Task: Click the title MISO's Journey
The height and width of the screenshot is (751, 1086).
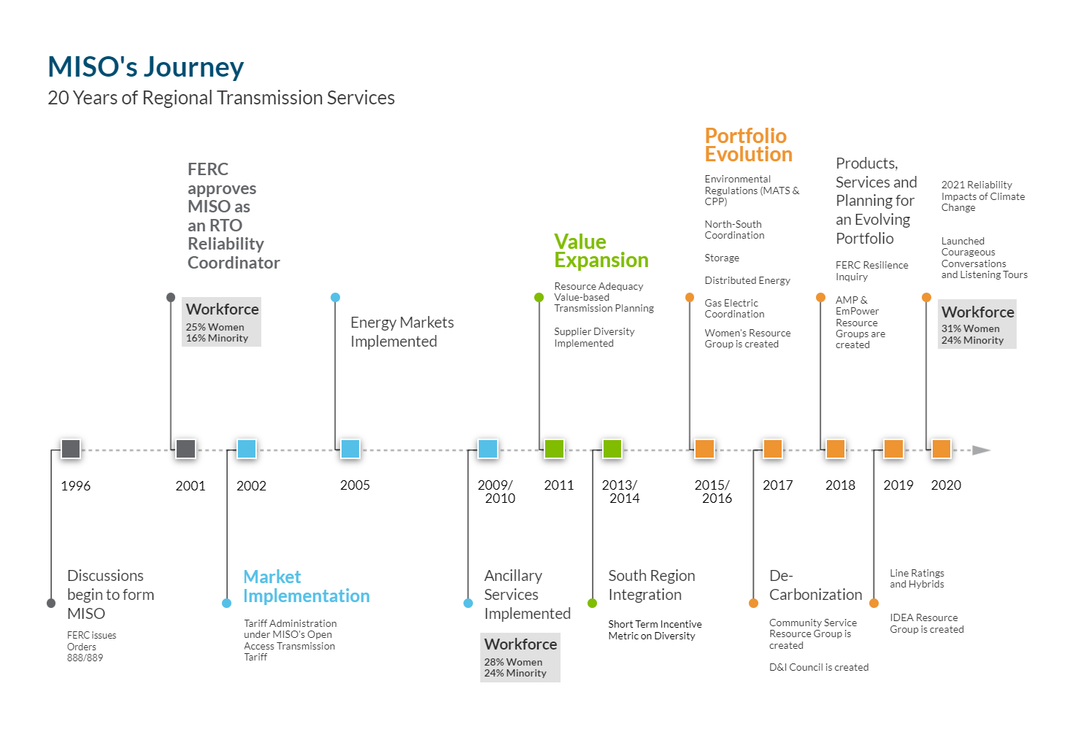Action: tap(145, 67)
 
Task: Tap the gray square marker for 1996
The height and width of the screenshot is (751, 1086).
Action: tap(71, 449)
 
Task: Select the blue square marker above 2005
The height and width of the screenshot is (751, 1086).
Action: tap(350, 449)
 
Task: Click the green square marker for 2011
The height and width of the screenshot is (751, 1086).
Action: tap(554, 449)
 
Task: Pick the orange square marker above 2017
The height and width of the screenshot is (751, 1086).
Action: tap(773, 449)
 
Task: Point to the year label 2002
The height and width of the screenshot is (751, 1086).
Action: tap(251, 486)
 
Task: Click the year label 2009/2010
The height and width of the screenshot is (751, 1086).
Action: tap(496, 492)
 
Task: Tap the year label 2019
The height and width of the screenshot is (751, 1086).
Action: tap(898, 485)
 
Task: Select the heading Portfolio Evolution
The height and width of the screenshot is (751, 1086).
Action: tap(748, 145)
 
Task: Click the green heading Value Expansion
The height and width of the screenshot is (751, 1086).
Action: tap(601, 250)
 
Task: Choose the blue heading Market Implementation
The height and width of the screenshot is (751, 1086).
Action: tap(307, 586)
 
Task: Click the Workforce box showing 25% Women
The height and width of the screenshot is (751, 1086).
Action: tap(222, 322)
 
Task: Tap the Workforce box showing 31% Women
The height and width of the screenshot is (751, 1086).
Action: tap(977, 324)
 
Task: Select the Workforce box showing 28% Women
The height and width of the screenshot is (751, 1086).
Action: tap(520, 658)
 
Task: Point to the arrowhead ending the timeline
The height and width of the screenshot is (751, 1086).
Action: tap(982, 450)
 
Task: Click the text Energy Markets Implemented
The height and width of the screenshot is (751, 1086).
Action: tap(402, 331)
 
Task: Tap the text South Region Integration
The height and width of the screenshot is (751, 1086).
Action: tap(652, 585)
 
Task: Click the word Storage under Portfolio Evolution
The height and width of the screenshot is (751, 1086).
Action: tap(721, 258)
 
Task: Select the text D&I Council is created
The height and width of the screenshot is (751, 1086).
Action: tap(819, 667)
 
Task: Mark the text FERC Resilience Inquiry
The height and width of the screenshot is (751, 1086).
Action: tap(871, 271)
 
